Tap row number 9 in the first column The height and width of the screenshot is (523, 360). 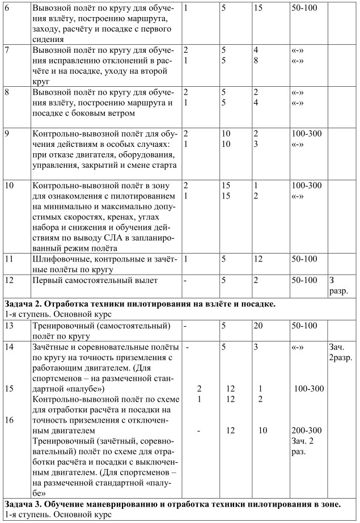[x=6, y=133]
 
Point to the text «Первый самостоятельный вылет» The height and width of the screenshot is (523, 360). [x=95, y=280]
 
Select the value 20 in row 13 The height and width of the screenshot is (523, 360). [x=259, y=325]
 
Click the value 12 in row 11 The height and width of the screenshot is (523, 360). [x=259, y=259]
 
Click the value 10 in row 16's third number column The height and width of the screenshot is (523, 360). [x=262, y=431]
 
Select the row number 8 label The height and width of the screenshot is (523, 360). [x=6, y=92]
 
